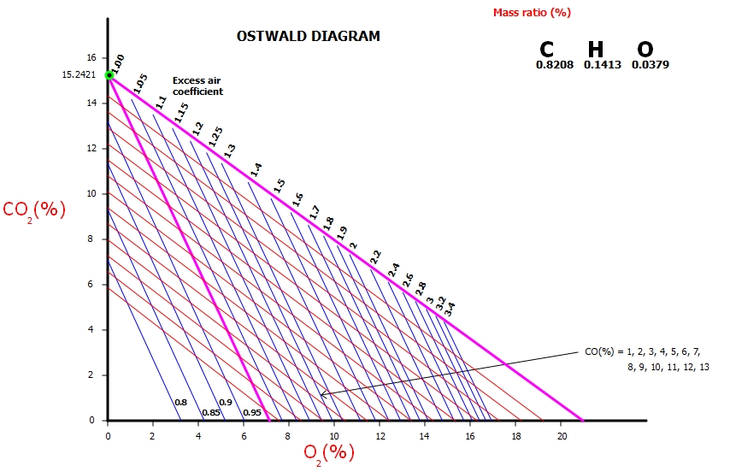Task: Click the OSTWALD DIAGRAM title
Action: tap(308, 37)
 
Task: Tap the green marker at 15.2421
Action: tap(109, 75)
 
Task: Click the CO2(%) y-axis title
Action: tap(34, 209)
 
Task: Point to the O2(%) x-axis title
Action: tap(329, 452)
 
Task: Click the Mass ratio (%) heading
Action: tap(532, 12)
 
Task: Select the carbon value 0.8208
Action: tap(555, 64)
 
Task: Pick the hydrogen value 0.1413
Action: tap(602, 64)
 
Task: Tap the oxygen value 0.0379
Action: tap(650, 64)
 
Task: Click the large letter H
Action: tap(594, 50)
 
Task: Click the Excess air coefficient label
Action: tap(198, 86)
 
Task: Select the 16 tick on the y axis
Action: tap(90, 57)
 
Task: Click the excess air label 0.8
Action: tap(180, 402)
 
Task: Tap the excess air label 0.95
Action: tap(252, 413)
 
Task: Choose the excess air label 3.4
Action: tap(450, 305)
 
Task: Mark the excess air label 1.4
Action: tap(256, 169)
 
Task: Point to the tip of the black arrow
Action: tap(321, 395)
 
